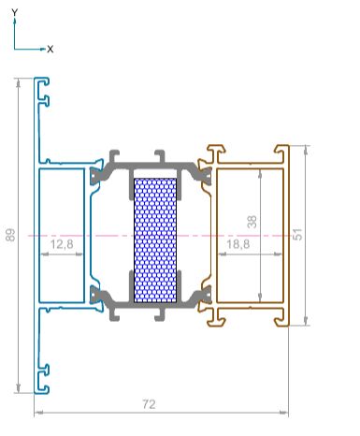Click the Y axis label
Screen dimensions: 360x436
[x=15, y=12]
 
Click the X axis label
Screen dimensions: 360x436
[x=50, y=49]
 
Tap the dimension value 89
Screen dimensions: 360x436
[x=10, y=235]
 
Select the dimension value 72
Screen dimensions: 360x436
[x=149, y=404]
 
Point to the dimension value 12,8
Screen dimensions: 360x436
[x=62, y=244]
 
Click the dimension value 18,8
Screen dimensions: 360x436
[x=238, y=244]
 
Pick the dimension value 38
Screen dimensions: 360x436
[x=252, y=222]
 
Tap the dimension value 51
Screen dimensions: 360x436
[x=298, y=234]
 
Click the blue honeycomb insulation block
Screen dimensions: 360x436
[x=155, y=240]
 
